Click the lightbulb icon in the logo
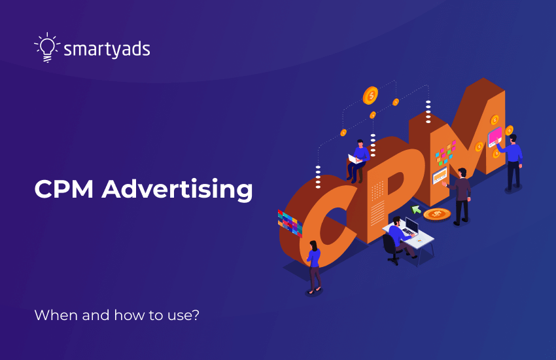[x=46, y=47]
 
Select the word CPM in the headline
[x=63, y=189]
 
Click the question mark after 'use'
[x=196, y=315]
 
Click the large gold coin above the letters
[x=370, y=96]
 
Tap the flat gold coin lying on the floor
[x=436, y=214]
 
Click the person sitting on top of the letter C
[x=358, y=159]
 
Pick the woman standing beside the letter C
[x=314, y=265]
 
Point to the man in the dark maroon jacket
[x=462, y=194]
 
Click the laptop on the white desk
[x=411, y=226]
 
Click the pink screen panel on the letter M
[x=495, y=135]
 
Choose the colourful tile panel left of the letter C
[x=289, y=221]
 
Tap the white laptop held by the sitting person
[x=355, y=158]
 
